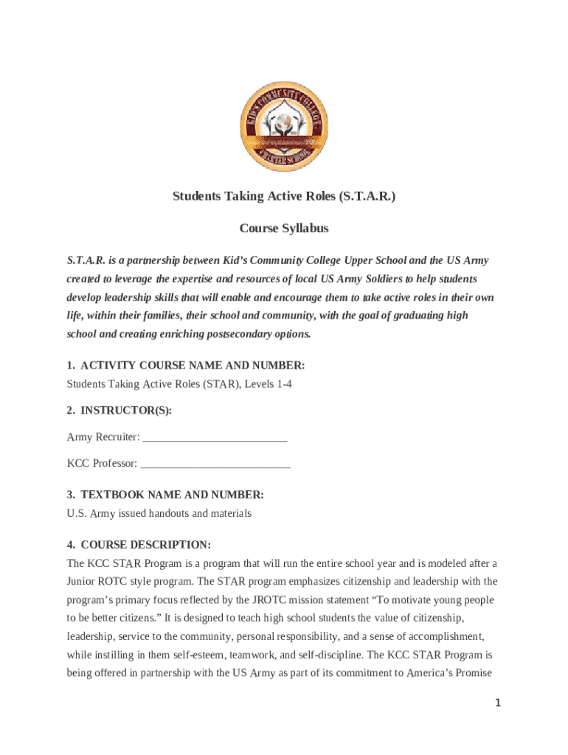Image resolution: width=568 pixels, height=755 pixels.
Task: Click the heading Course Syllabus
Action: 284,228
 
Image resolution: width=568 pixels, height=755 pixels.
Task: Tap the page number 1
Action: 498,703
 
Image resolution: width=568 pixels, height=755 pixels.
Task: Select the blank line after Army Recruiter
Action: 215,437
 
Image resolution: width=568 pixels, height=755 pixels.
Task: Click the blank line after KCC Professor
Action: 215,464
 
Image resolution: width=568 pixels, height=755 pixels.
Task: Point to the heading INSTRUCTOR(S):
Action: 125,411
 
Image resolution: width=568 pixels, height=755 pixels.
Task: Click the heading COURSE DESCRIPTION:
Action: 145,545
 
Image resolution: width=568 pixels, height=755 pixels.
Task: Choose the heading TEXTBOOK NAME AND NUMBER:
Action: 172,495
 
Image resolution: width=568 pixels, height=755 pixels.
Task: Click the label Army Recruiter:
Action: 103,437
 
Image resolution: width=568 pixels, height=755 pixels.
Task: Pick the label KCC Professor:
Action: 102,464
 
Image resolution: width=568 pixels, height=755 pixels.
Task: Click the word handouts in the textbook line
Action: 173,513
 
